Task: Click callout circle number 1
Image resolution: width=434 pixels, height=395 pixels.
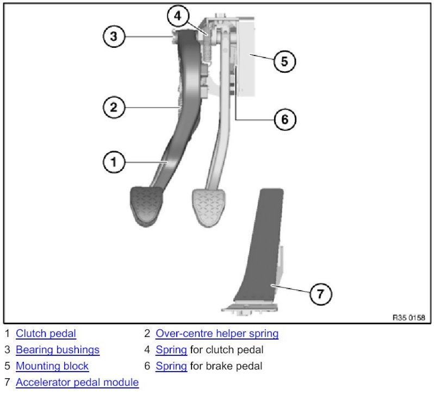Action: click(114, 161)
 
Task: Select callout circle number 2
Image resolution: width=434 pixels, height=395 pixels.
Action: click(114, 107)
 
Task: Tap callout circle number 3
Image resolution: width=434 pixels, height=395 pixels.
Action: click(114, 36)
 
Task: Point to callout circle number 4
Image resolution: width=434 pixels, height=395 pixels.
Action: click(178, 16)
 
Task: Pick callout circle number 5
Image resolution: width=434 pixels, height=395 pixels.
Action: click(284, 61)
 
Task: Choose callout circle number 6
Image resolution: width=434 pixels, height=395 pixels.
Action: click(284, 119)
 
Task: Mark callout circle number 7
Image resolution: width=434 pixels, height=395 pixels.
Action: click(320, 294)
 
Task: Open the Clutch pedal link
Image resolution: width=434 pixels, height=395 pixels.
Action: click(46, 334)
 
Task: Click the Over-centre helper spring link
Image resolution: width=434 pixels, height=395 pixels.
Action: click(216, 334)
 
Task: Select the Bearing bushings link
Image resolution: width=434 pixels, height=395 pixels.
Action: click(57, 350)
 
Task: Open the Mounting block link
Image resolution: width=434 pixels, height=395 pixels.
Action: click(52, 366)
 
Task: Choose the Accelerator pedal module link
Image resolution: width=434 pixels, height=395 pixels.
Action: click(77, 383)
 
